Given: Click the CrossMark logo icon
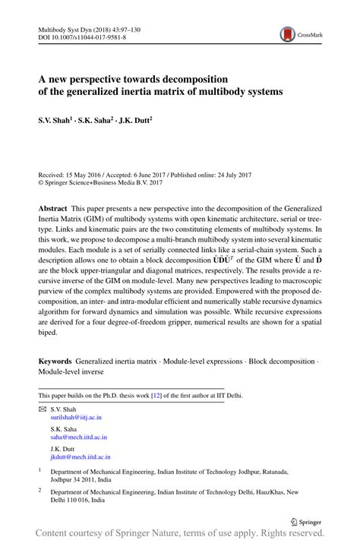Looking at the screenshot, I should pyautogui.click(x=288, y=34).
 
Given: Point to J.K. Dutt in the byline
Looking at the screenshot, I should pyautogui.click(x=134, y=119).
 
